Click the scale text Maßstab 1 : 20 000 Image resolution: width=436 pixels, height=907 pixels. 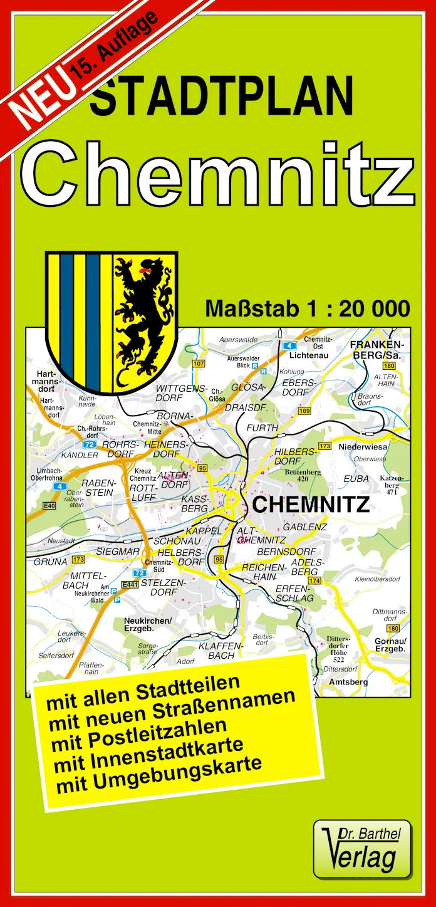[308, 309]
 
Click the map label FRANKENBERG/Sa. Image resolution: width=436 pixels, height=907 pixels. [378, 350]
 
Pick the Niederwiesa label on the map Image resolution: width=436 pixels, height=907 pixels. [363, 447]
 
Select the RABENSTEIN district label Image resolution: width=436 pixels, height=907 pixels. [98, 488]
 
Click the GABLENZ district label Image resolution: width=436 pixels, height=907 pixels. [304, 527]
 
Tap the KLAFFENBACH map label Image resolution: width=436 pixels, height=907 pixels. [216, 650]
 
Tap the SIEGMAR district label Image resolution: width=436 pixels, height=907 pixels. [118, 551]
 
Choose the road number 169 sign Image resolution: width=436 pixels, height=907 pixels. [304, 411]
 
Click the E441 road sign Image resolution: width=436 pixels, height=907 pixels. [130, 584]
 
